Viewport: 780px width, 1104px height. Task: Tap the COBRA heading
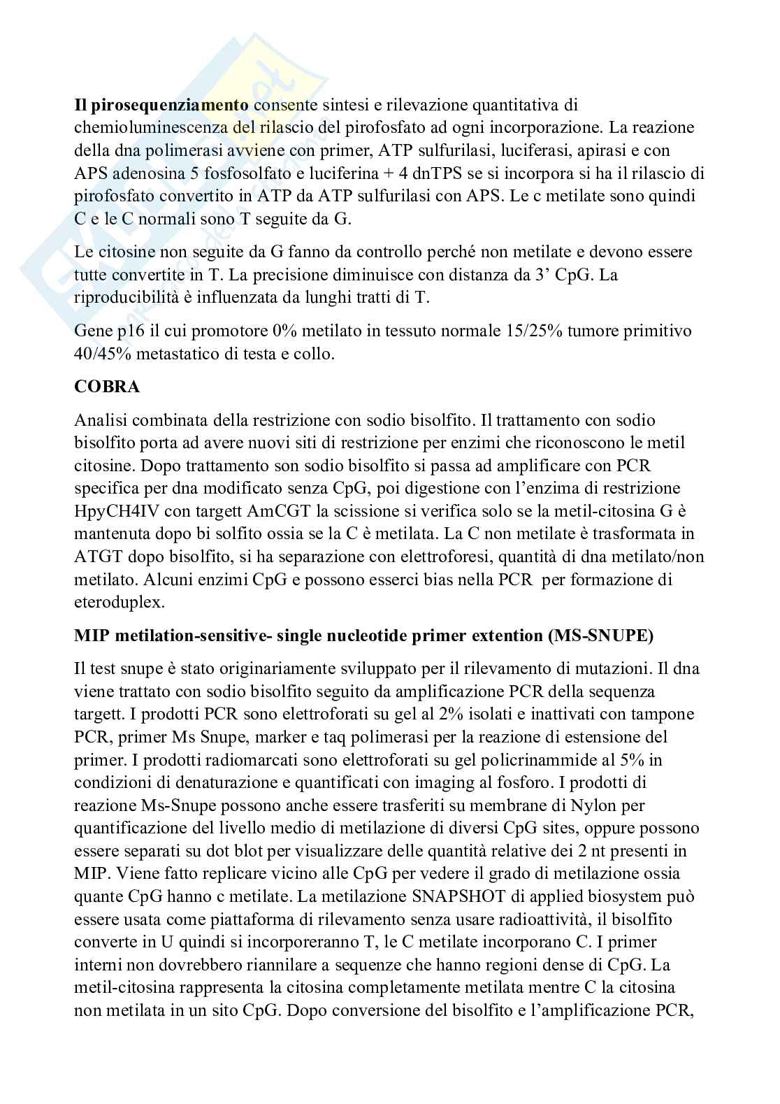tap(107, 387)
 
